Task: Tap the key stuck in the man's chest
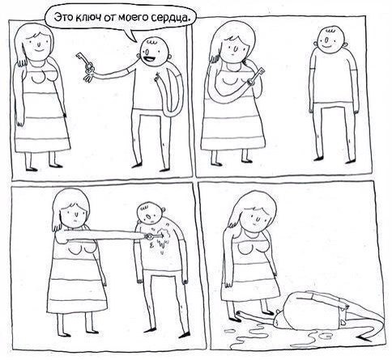click(154, 236)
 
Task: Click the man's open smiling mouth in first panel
click(149, 58)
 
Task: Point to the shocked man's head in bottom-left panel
click(148, 213)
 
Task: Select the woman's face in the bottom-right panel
click(255, 218)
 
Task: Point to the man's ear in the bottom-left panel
click(163, 210)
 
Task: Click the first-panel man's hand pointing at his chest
click(156, 77)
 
